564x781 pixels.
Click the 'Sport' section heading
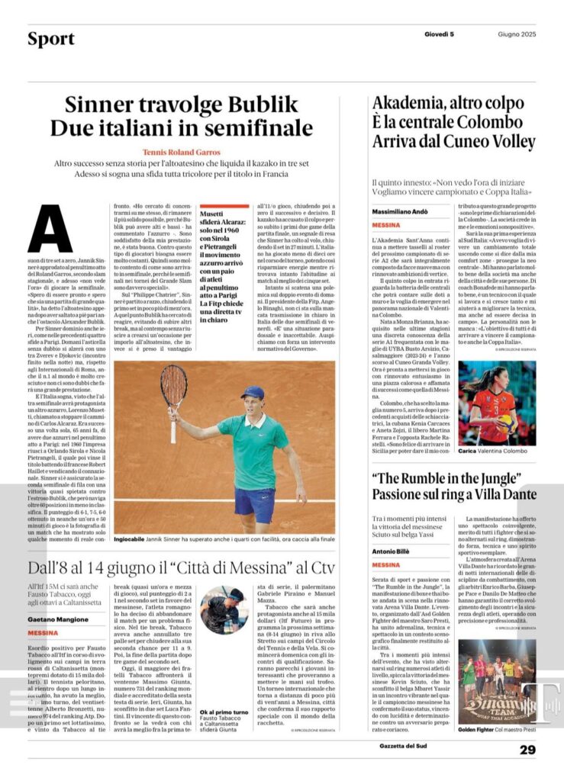tap(51, 39)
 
